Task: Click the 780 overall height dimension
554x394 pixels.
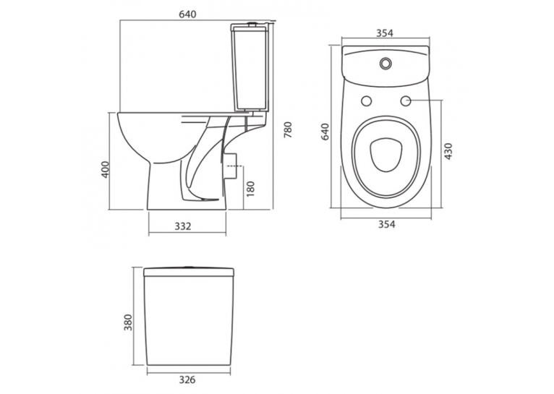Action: (289, 129)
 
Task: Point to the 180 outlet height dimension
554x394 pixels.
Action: (250, 189)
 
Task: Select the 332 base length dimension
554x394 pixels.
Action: (183, 226)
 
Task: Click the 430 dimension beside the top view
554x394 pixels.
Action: (448, 152)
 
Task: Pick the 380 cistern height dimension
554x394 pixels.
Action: (128, 322)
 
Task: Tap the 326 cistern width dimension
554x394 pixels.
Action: (186, 380)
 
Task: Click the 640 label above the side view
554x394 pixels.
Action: (187, 14)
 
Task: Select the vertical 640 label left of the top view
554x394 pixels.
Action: (325, 132)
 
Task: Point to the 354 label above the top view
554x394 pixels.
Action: (385, 33)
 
